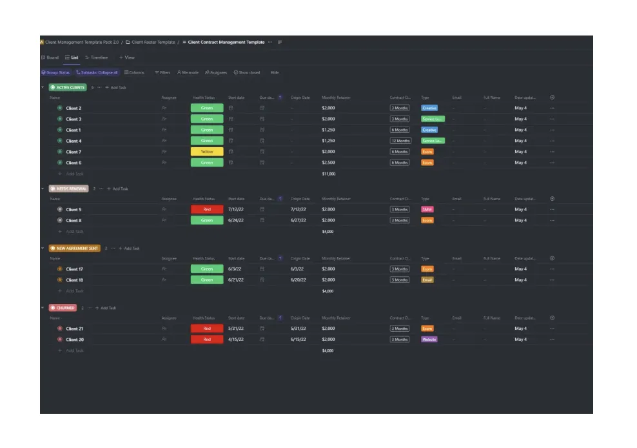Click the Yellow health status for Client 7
(207, 152)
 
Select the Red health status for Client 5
(207, 210)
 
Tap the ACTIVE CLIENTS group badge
(68, 87)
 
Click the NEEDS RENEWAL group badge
(68, 189)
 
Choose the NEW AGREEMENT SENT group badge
(75, 249)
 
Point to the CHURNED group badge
(63, 308)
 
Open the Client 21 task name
(75, 329)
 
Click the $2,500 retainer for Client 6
(328, 163)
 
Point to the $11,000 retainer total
(328, 174)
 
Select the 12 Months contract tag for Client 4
(400, 141)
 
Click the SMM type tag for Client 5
(427, 210)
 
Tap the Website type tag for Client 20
(429, 340)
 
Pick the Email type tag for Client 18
(427, 280)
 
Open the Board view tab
(50, 57)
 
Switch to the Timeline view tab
(97, 57)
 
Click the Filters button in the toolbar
(162, 72)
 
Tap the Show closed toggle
(247, 72)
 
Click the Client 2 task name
(73, 108)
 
